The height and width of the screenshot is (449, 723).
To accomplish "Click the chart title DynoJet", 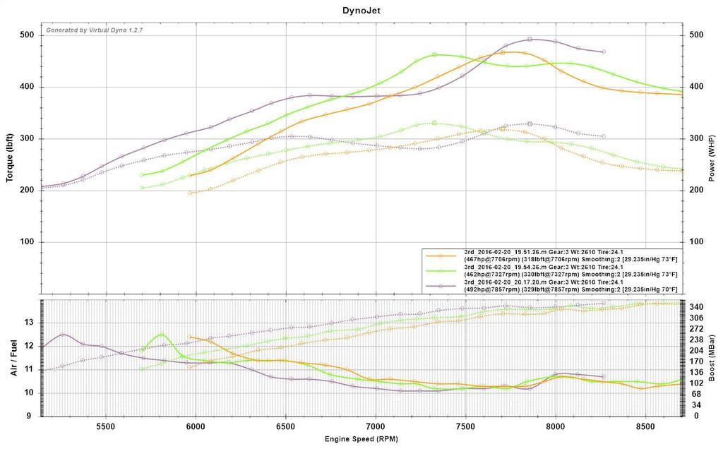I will [361, 11].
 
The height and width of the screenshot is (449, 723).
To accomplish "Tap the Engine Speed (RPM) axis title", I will [361, 439].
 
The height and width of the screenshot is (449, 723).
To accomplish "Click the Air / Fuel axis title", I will [13, 357].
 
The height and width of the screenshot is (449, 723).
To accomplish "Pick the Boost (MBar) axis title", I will [714, 357].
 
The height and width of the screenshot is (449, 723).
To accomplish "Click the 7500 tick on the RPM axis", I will [466, 427].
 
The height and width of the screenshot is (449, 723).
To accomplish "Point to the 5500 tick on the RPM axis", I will [106, 427].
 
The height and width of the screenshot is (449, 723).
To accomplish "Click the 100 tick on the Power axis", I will [695, 242].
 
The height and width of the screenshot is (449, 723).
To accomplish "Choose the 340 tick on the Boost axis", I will [695, 307].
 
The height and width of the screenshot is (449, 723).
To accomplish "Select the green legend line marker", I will [441, 270].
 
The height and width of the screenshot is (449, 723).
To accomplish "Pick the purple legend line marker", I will [441, 286].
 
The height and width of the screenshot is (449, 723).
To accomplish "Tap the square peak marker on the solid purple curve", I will [530, 40].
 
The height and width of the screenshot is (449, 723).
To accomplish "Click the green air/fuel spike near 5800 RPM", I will [162, 335].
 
